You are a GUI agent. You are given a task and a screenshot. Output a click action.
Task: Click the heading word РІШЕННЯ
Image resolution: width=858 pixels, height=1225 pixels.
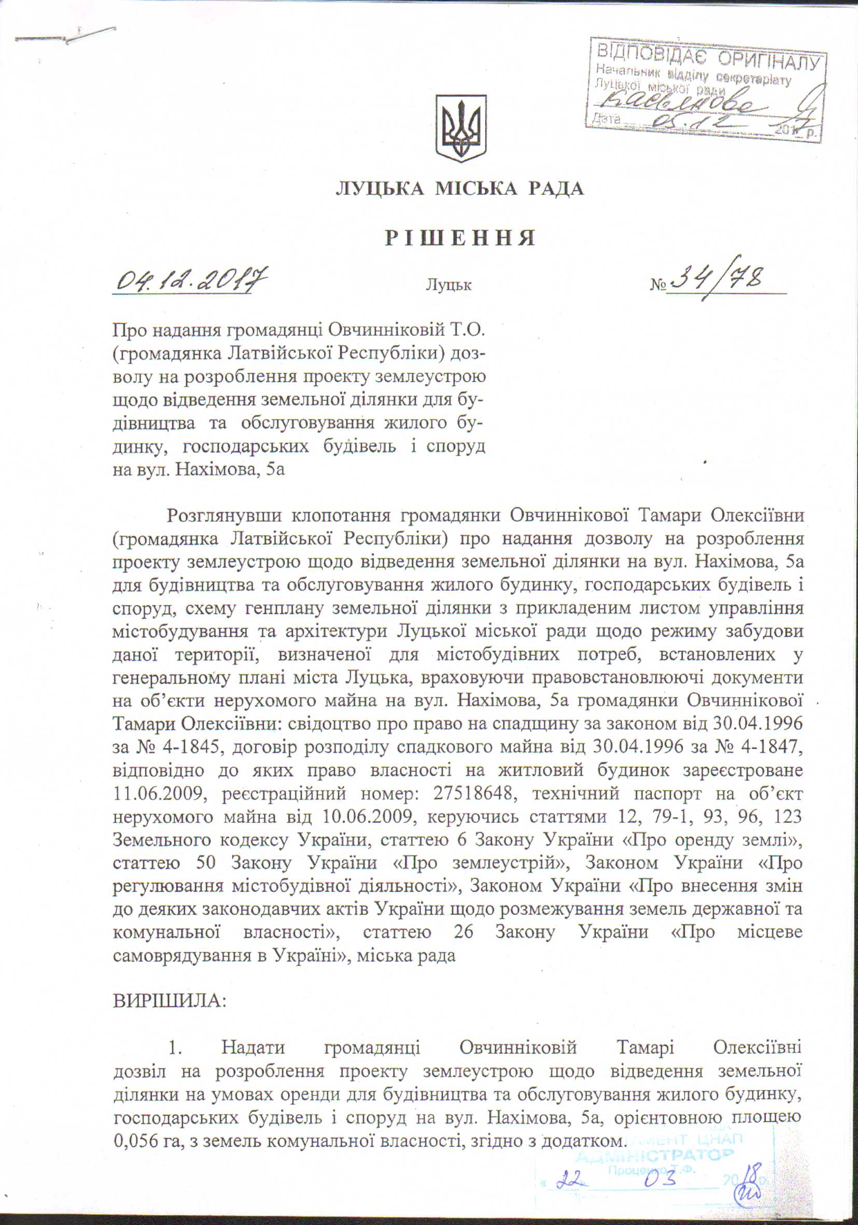click(460, 238)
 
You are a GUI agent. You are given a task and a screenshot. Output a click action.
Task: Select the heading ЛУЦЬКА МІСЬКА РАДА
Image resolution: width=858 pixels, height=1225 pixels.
click(460, 188)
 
